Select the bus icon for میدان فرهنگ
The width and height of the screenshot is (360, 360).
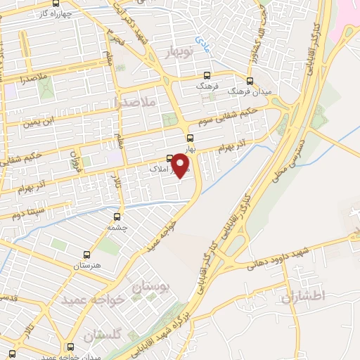point(250,80)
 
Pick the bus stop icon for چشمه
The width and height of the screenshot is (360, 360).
point(117,217)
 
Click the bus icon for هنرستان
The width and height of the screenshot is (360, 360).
point(86,255)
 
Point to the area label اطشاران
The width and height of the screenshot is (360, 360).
point(304,297)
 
